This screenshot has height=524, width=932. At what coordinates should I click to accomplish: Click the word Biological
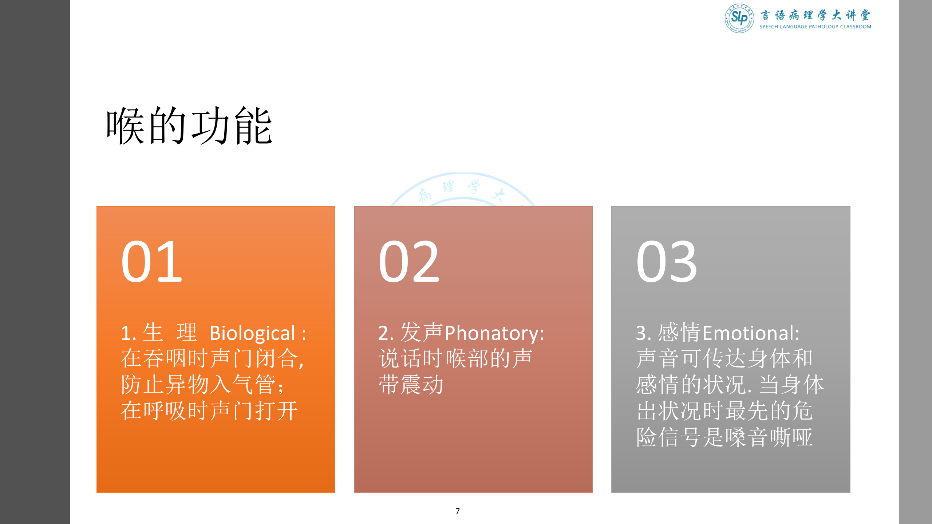(x=252, y=333)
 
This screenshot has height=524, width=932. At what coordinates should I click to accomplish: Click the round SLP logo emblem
(x=739, y=18)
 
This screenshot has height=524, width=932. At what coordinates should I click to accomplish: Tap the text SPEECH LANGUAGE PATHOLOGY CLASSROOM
(x=815, y=27)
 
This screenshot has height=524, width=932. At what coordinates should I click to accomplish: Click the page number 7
(x=458, y=511)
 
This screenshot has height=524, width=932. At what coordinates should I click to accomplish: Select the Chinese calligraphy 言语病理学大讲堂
(x=815, y=15)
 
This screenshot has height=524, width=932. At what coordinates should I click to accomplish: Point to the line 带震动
(x=411, y=385)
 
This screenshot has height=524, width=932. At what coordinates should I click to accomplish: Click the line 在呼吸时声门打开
(x=209, y=411)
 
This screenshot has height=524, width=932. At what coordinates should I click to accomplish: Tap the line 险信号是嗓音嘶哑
(x=724, y=437)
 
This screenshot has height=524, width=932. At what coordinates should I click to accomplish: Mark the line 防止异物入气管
(x=202, y=385)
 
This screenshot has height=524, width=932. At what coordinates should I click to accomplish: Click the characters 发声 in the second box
(x=421, y=333)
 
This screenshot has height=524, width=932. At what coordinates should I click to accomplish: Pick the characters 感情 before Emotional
(x=679, y=333)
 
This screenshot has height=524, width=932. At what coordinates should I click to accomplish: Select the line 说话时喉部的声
(x=455, y=358)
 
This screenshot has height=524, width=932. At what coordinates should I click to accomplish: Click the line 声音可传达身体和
(x=724, y=358)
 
